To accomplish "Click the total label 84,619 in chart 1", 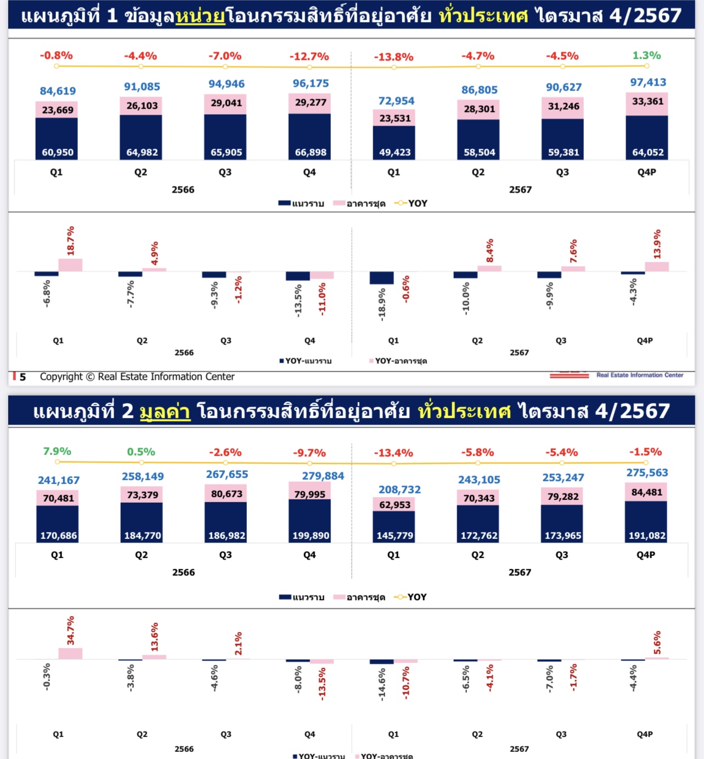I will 58,91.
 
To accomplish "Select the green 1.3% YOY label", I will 646,55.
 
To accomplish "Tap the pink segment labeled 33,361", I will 647,102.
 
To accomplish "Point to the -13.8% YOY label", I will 393,57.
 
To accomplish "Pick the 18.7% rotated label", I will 71,241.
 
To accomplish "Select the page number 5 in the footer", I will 22,377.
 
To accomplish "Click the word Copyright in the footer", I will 61,376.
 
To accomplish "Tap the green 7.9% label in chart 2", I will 57,451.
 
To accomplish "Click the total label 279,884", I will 323,476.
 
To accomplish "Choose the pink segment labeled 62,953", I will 395,505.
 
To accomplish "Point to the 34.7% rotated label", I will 71,630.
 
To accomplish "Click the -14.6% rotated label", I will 382,684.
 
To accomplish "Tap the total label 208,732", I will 399,490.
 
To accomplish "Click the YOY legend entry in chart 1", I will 411,204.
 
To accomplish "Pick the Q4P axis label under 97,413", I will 646,172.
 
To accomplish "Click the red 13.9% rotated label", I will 657,244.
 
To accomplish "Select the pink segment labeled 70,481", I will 58,498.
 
